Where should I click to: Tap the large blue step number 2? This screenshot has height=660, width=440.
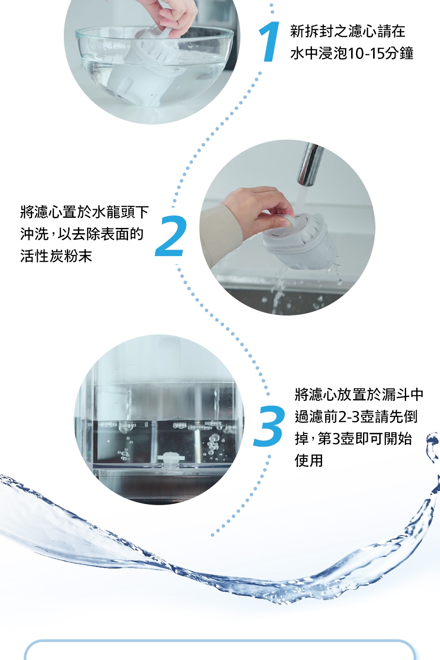click(171, 236)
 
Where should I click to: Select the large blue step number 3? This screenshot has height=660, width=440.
click(269, 426)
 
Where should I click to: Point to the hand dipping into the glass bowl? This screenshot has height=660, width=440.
click(171, 15)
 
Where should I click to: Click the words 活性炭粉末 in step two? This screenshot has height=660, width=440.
click(56, 256)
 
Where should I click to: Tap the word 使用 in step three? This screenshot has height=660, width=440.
click(309, 461)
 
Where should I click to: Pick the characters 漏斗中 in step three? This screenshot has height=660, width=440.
click(402, 395)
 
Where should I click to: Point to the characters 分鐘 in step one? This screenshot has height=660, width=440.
click(400, 53)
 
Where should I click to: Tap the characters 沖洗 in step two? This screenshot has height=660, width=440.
click(34, 234)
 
